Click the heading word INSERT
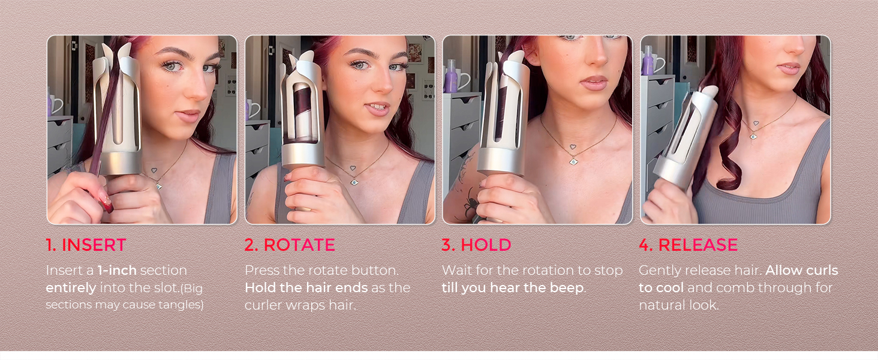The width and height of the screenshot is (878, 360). coord(94,245)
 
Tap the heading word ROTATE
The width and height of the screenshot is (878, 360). coord(299,245)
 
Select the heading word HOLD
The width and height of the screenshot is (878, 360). coord(486,245)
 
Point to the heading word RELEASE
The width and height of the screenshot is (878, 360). coord(698,245)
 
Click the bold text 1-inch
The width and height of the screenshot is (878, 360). coord(117,270)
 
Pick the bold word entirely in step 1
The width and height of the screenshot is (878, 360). coord(71,288)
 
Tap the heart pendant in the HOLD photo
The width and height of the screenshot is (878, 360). coord(573,147)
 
